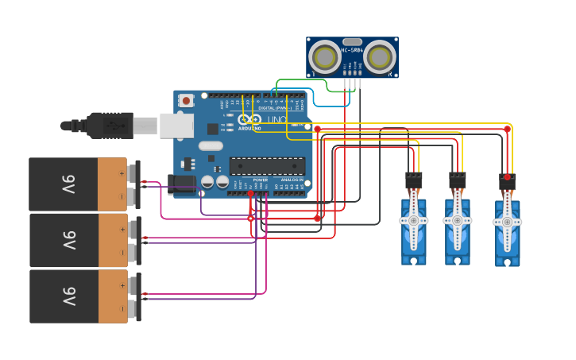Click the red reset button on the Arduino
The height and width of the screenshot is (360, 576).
(x=186, y=100)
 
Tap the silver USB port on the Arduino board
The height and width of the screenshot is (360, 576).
(x=176, y=126)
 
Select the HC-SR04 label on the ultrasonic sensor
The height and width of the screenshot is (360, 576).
(x=352, y=50)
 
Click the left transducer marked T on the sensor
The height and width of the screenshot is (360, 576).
(x=324, y=57)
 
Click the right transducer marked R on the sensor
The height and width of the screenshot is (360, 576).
(x=381, y=57)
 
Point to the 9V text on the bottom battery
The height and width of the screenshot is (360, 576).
(x=68, y=296)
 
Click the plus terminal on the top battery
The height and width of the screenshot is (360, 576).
(x=122, y=172)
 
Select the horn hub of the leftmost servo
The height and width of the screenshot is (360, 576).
(x=414, y=220)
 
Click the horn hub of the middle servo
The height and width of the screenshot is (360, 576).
(x=457, y=220)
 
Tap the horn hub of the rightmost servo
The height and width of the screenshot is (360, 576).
(x=507, y=222)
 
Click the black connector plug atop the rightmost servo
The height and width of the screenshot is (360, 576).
(x=507, y=182)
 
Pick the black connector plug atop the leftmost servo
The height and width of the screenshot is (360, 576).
(x=414, y=180)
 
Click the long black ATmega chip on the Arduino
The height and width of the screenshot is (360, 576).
(x=267, y=166)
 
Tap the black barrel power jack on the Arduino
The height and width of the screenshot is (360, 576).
(x=182, y=185)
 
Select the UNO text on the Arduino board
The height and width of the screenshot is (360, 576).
(x=276, y=120)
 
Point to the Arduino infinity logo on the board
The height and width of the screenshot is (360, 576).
(x=249, y=119)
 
